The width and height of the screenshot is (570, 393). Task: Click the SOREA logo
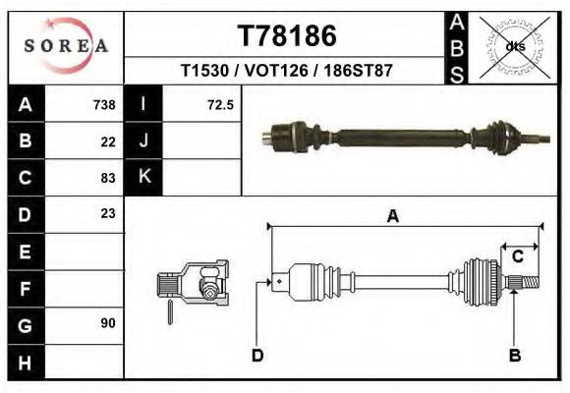(x=66, y=46)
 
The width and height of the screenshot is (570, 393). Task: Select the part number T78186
(x=287, y=36)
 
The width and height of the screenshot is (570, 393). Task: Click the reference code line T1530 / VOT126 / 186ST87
(x=287, y=72)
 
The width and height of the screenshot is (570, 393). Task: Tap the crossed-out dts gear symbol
(x=514, y=45)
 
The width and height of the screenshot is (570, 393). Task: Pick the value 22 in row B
(x=108, y=141)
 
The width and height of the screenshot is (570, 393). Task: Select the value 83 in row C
(x=108, y=178)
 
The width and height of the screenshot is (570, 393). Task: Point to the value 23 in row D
(x=108, y=213)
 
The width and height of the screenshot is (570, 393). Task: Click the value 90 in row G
(x=108, y=322)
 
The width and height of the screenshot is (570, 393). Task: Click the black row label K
(x=143, y=178)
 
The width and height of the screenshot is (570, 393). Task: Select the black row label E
(x=26, y=251)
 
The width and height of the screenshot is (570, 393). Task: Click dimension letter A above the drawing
(x=393, y=217)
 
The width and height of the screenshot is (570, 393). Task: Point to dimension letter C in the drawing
(x=517, y=256)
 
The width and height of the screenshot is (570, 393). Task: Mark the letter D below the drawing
(x=257, y=356)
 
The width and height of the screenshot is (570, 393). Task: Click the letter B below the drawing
(x=513, y=356)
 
